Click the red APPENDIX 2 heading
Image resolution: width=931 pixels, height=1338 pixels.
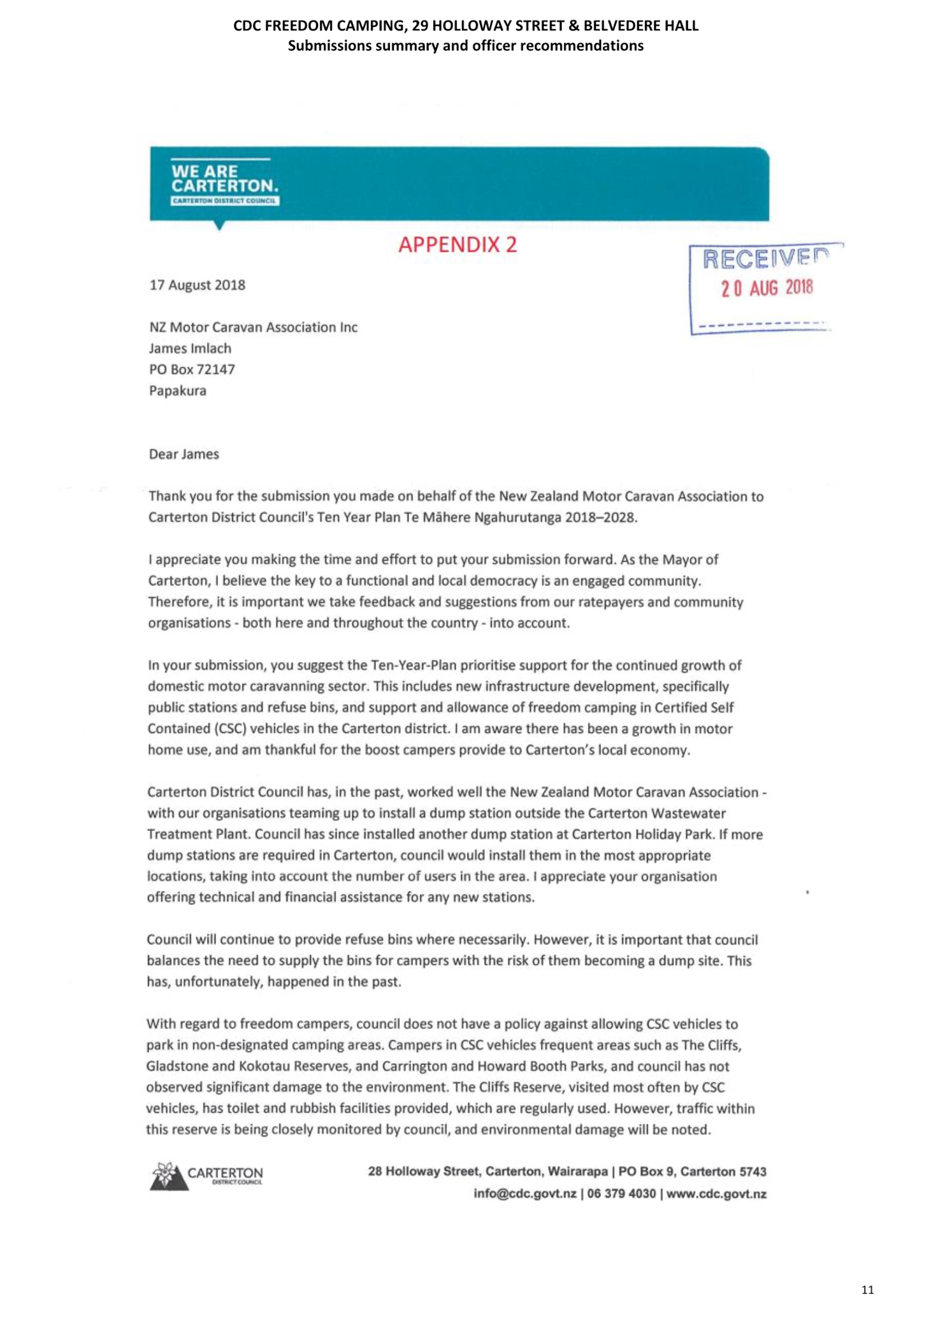(x=458, y=245)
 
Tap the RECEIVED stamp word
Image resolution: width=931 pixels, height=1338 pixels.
(x=765, y=259)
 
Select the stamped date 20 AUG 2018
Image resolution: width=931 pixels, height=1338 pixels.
(x=767, y=288)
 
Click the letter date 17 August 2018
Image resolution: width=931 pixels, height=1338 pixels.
(x=197, y=285)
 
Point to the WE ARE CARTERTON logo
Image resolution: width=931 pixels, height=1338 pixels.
(x=224, y=183)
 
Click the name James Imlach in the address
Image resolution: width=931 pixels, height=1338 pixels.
(x=190, y=349)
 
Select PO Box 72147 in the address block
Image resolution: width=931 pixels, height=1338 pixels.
(x=192, y=370)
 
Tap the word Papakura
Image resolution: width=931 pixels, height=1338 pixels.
(x=178, y=391)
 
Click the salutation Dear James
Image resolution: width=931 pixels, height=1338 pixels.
(x=184, y=454)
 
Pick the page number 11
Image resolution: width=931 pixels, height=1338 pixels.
(x=867, y=1290)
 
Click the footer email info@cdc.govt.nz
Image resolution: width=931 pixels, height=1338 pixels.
(x=524, y=1193)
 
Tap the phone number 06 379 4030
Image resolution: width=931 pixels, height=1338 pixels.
(x=621, y=1193)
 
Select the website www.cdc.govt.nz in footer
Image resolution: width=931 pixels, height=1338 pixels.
(x=716, y=1193)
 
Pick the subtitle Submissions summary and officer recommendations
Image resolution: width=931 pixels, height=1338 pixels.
(x=465, y=46)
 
